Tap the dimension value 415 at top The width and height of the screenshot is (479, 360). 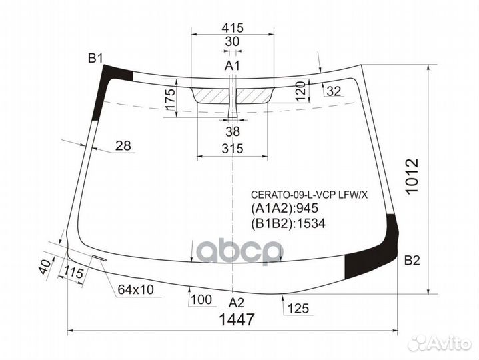point(232,28)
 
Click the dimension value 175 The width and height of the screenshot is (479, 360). point(170,100)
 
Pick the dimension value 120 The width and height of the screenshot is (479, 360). point(300,90)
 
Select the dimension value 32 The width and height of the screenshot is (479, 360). point(334,91)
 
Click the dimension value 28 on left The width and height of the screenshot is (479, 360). point(122,146)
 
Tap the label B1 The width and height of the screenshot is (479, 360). point(95,59)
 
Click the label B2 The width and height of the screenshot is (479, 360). point(412,261)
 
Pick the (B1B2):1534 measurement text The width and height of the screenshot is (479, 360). point(288,224)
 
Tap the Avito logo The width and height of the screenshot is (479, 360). point(440,343)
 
